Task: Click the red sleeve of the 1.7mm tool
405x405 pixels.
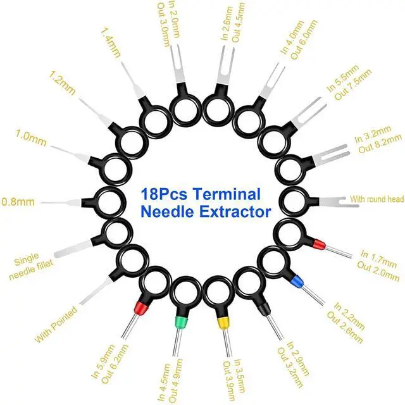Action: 320,243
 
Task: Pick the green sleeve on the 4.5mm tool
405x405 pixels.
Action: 180,325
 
